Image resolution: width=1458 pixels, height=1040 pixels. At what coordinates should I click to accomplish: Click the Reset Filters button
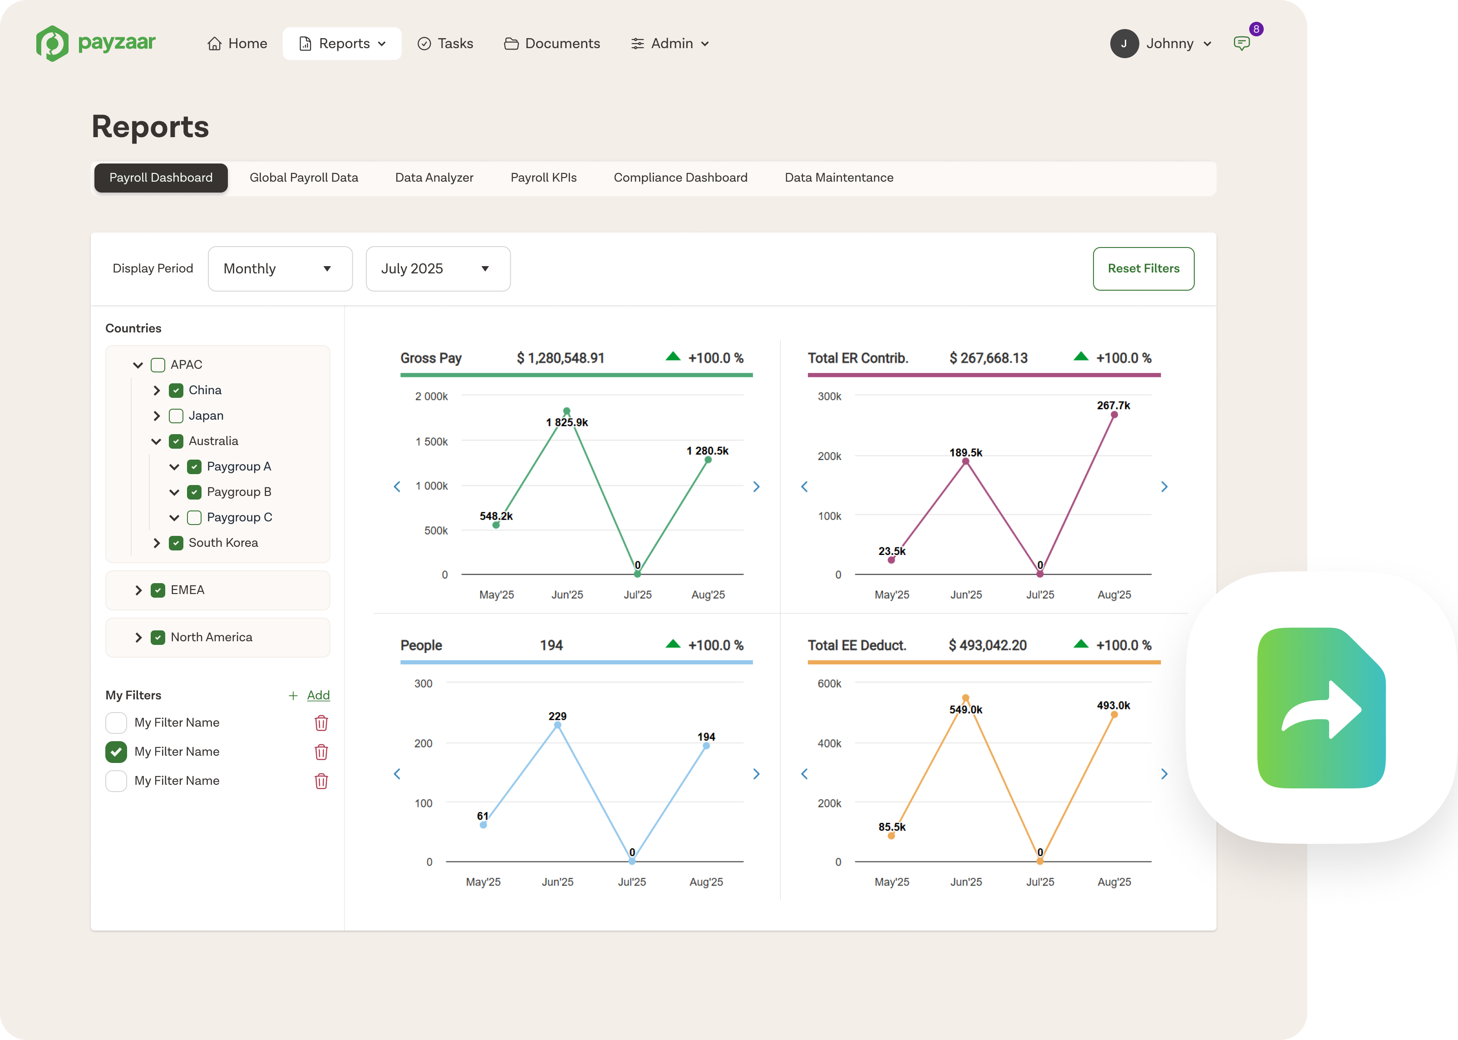[x=1143, y=268]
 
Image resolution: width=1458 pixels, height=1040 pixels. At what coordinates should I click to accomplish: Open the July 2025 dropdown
[x=438, y=268]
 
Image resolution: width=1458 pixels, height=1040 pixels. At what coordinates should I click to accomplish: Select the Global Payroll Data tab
[x=304, y=178]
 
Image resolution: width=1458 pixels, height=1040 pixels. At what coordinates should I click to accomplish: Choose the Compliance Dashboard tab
[x=680, y=178]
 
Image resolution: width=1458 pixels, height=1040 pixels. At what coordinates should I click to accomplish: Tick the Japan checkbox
[x=176, y=416]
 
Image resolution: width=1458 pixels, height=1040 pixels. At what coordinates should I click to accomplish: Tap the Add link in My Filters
[x=318, y=695]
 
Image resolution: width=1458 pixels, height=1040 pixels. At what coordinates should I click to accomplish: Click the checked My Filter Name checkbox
[x=116, y=752]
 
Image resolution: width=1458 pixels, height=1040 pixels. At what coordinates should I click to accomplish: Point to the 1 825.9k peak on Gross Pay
[x=566, y=411]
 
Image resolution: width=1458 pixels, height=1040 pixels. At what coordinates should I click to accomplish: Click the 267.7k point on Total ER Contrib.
[x=1114, y=415]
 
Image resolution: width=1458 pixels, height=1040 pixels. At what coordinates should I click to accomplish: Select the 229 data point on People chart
[x=557, y=725]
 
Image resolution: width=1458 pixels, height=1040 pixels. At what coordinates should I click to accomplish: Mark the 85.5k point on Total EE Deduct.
[x=892, y=836]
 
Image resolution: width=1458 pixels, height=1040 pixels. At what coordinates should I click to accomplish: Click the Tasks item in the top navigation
[x=445, y=44]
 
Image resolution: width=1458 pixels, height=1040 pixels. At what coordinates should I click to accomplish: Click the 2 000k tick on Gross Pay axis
[x=431, y=396]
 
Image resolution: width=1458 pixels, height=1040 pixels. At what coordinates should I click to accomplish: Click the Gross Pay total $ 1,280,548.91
[x=561, y=358]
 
